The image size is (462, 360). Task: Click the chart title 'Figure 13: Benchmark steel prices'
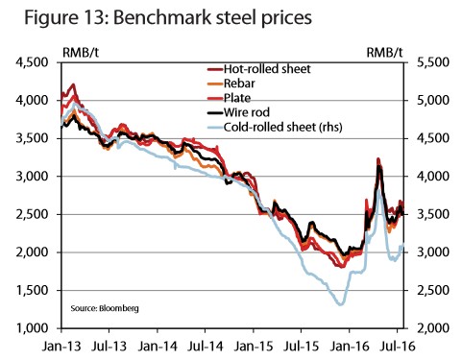point(168,18)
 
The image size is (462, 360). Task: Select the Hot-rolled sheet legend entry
point(258,69)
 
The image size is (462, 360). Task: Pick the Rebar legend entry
point(231,84)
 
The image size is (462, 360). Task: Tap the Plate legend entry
point(229,98)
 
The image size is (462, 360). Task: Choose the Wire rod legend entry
point(238,112)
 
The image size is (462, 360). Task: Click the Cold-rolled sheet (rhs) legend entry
point(275,128)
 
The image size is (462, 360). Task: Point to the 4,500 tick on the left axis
point(32,62)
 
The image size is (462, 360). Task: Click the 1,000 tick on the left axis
point(32,328)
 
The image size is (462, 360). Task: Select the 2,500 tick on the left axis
point(32,214)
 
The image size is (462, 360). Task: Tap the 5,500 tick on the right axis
point(433,62)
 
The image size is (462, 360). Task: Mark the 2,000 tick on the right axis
point(433,328)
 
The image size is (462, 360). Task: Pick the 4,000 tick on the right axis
point(433,177)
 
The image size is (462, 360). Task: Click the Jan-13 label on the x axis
point(61,347)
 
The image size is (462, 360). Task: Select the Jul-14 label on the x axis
point(205,347)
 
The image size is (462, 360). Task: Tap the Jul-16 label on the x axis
point(397,347)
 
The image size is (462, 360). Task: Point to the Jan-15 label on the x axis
point(254,347)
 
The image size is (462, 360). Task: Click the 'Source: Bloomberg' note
point(105,308)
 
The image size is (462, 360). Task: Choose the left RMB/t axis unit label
point(81,53)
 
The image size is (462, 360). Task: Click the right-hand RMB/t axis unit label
point(384,53)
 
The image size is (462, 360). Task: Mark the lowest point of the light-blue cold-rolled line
point(341,305)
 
